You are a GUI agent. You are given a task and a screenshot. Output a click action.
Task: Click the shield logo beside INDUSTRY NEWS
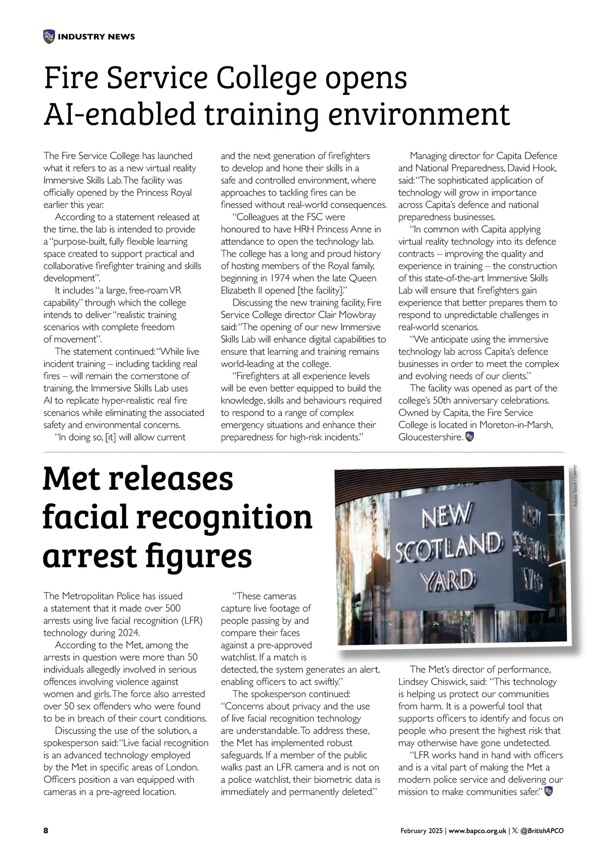pyautogui.click(x=49, y=36)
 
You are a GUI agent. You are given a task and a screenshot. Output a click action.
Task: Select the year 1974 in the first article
pyautogui.click(x=290, y=278)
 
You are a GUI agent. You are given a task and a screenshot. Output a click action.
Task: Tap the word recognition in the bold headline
pyautogui.click(x=225, y=517)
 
